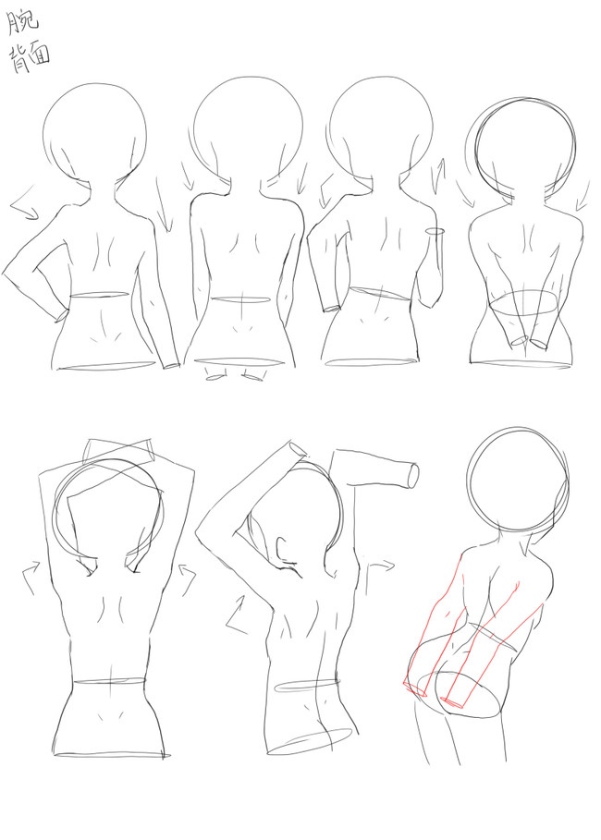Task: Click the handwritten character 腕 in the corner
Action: tap(22, 22)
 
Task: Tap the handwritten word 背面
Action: tap(29, 57)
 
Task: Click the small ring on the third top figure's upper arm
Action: tap(435, 231)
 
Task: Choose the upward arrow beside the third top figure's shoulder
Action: tap(441, 173)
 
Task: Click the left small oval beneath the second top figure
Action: tap(214, 377)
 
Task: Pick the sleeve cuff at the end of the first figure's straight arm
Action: tap(172, 366)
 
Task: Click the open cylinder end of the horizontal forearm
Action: tap(412, 475)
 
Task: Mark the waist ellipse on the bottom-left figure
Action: tap(109, 681)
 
